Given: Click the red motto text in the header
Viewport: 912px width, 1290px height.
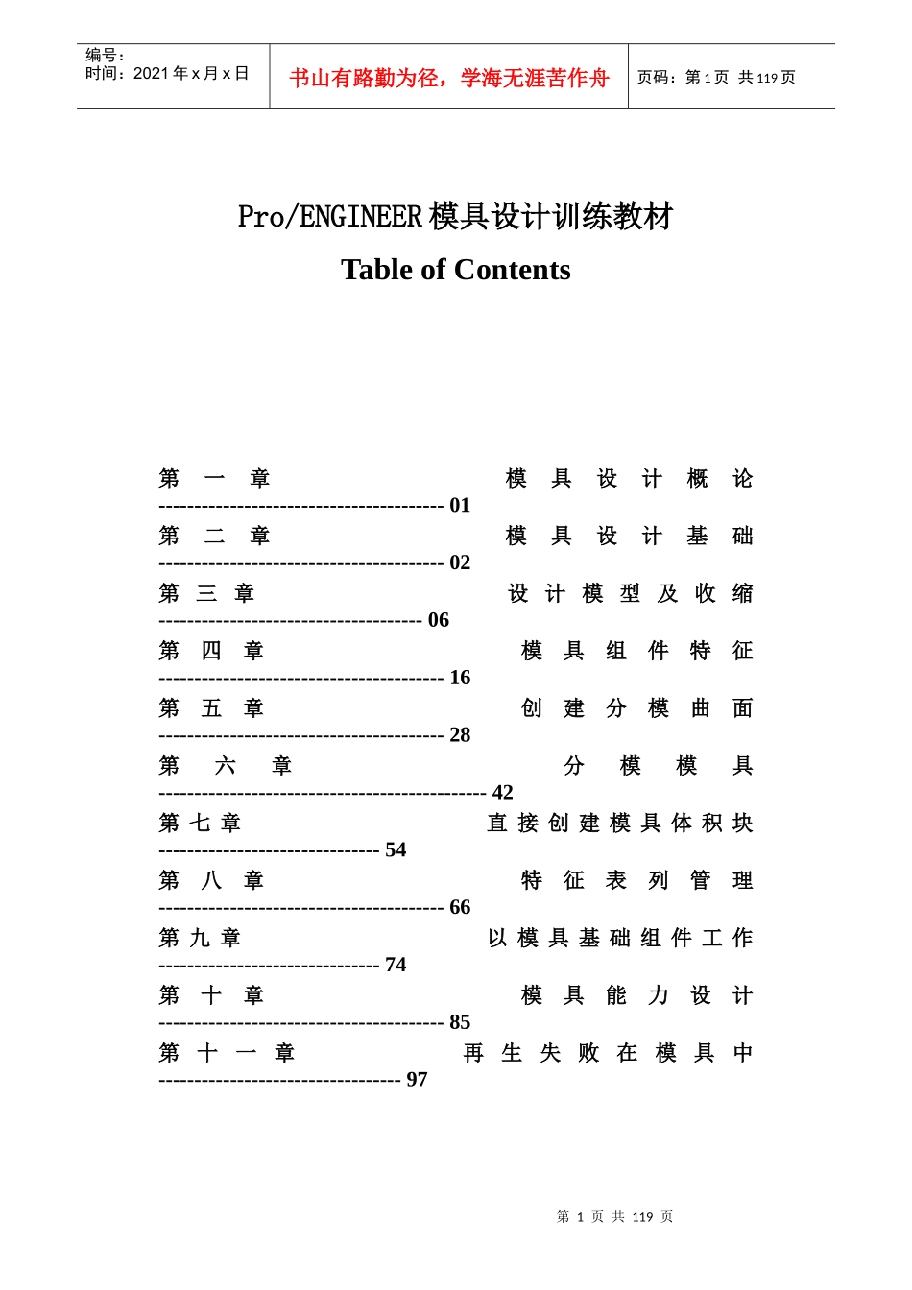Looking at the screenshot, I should (449, 78).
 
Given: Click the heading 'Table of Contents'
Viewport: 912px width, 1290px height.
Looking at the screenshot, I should (455, 270).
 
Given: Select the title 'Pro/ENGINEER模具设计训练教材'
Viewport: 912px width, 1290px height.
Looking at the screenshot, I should (455, 216).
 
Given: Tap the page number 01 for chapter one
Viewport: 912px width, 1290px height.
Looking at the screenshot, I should (460, 505).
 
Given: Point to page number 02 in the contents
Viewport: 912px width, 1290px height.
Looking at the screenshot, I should (460, 562).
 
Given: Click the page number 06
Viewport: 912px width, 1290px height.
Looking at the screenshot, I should (439, 620).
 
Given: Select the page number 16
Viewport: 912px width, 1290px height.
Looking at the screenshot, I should (460, 678).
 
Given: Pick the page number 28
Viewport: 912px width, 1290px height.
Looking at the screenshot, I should (460, 735).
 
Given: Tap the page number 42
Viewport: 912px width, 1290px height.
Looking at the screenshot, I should (503, 793).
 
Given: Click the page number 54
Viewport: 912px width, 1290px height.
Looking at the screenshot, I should (396, 850).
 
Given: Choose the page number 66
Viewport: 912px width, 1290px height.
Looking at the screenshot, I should (460, 908).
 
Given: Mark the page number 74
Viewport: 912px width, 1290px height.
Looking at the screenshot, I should (396, 965).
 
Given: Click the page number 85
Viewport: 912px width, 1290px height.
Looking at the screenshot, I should (460, 1022).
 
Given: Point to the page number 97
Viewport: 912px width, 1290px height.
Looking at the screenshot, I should (417, 1080).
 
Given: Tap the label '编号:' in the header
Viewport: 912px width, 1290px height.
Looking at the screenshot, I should (106, 56).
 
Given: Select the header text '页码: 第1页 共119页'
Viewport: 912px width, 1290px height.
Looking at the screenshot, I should (716, 78).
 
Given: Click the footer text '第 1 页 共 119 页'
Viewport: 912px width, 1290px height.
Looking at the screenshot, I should (614, 1217).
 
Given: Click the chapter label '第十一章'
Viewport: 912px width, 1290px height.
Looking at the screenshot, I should (227, 1053).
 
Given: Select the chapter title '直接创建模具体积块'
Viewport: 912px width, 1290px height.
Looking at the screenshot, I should (620, 824).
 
